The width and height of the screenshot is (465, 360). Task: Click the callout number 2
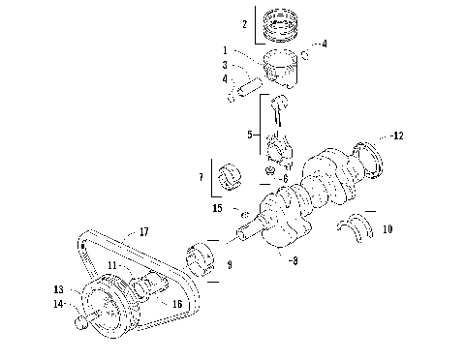[x=245, y=23]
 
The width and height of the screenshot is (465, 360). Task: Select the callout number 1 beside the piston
[x=225, y=50]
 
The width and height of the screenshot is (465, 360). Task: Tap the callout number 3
[x=225, y=65]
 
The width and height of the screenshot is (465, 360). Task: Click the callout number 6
[x=284, y=179]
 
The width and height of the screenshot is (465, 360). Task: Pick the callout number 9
[x=230, y=262]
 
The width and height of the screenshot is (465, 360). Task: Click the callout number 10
[x=387, y=229]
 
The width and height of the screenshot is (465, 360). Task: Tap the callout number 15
[x=218, y=208]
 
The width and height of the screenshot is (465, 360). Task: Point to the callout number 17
[x=143, y=231]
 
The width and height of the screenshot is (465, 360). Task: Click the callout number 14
[x=59, y=304]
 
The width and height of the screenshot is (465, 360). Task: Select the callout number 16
[x=177, y=304]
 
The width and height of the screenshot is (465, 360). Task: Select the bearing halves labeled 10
[x=354, y=226]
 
